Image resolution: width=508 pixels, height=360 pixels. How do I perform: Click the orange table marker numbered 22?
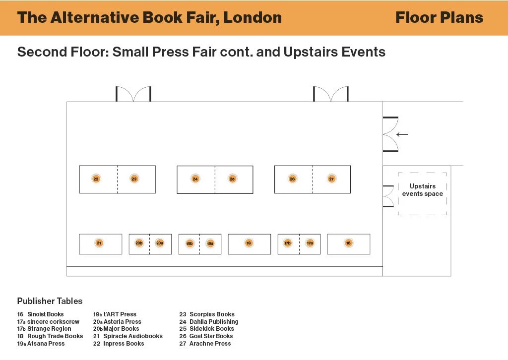coord(96,179)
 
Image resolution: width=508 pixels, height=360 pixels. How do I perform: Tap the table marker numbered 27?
coord(331,179)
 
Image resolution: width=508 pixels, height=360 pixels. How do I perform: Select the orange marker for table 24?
coord(195,179)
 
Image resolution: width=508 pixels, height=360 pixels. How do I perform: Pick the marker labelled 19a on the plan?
coord(210,243)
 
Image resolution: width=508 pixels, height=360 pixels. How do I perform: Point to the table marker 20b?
coord(139,243)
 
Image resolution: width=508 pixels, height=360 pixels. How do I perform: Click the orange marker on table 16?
coord(348,243)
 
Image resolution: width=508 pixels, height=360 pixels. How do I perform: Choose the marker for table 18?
coord(249,243)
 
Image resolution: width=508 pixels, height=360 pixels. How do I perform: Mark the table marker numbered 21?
coord(99,243)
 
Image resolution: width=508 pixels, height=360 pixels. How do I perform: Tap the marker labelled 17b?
coord(288,243)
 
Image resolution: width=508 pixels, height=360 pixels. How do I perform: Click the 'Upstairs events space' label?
coord(423,190)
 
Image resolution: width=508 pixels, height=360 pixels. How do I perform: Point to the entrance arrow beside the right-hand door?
coord(402,134)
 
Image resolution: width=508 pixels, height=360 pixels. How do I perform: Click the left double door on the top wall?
coord(133,94)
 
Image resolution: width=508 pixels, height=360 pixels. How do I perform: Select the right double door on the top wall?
coord(330,94)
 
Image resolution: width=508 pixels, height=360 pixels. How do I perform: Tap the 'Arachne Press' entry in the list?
coord(210,344)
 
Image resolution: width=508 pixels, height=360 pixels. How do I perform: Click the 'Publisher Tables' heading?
coord(50,301)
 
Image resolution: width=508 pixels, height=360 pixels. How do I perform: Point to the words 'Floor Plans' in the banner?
coord(439,18)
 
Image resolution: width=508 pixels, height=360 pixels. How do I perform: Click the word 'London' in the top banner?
coord(253,18)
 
